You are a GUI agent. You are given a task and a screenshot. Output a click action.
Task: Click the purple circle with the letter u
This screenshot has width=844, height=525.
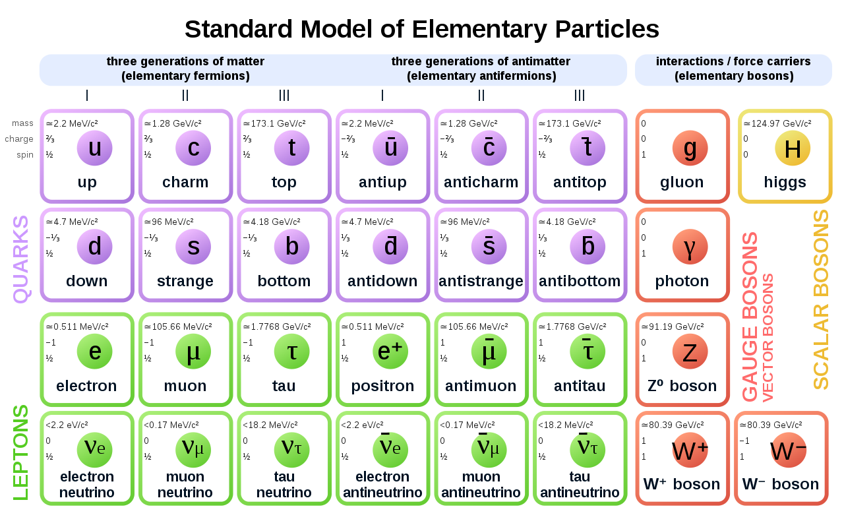[x=94, y=148]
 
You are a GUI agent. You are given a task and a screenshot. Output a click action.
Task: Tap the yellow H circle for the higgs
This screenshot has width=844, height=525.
[x=793, y=148]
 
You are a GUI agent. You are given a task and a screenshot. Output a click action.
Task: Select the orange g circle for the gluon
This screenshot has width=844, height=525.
[x=690, y=148]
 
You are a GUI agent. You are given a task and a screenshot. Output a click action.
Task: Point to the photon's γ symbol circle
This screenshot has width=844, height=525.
[x=690, y=247]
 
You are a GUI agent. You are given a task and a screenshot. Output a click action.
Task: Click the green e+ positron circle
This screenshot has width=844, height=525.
[x=390, y=352]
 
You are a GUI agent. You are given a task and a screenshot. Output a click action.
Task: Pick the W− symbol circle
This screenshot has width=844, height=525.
[x=788, y=450]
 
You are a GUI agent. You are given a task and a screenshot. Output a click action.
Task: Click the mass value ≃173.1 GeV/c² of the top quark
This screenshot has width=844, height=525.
[x=274, y=123]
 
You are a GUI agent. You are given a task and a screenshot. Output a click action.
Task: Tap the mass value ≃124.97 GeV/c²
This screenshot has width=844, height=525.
[x=777, y=123]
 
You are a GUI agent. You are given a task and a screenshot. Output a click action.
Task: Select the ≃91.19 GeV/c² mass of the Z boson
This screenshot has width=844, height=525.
[x=673, y=326]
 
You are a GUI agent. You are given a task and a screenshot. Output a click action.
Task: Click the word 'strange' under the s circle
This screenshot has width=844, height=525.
[x=185, y=281]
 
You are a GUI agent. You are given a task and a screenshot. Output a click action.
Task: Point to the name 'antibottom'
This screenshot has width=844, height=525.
[x=580, y=281]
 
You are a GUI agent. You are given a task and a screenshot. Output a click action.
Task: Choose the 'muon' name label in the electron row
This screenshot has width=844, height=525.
[x=185, y=386]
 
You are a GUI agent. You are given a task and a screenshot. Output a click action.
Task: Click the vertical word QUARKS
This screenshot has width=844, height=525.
[x=20, y=259]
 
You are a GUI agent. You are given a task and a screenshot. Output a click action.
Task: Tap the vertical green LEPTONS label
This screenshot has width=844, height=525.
[x=20, y=452]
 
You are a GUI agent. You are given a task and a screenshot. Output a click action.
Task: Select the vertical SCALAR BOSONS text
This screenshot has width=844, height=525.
[x=821, y=299]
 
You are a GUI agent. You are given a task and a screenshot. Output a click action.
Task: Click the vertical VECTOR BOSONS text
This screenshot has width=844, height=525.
[x=768, y=338]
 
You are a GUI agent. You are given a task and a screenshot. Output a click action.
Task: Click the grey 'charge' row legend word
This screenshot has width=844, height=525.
[x=19, y=139]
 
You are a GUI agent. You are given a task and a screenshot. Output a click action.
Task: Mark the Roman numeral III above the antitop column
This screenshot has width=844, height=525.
[x=580, y=96]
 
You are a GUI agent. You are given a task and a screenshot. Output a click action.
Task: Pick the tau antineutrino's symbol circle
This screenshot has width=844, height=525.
[x=588, y=450]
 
